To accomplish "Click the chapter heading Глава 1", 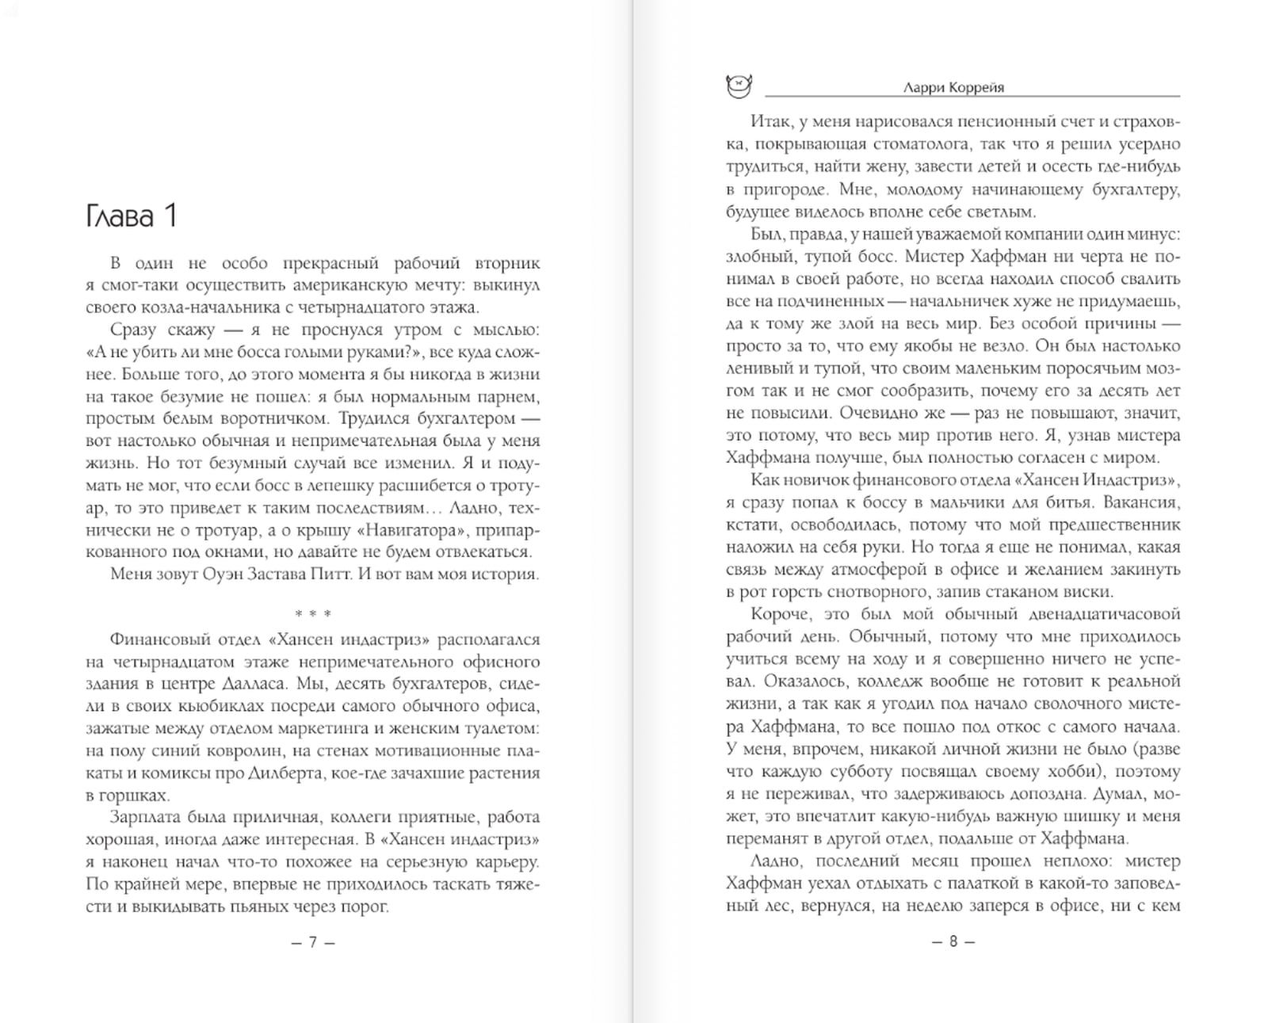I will [x=131, y=216].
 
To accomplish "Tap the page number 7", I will [x=313, y=942].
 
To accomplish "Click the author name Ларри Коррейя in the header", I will [x=953, y=88].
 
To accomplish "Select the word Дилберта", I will [x=283, y=773].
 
